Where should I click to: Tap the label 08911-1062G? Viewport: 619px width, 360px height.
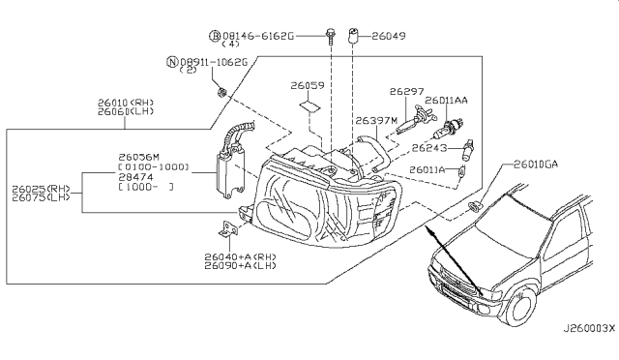click(215, 63)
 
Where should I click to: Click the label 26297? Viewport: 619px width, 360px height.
click(407, 91)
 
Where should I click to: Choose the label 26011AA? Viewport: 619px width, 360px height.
click(447, 100)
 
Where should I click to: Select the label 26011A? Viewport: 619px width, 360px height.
click(427, 170)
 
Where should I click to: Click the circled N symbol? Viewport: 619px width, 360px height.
click(172, 63)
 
